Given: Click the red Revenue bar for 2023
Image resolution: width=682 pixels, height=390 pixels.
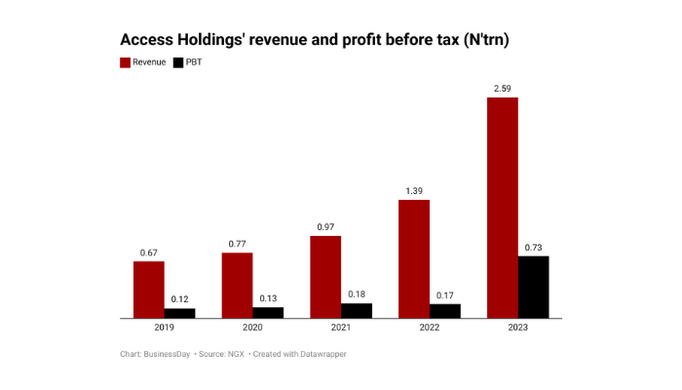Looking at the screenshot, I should [502, 208].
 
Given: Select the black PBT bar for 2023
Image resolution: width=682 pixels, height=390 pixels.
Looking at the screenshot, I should [533, 287].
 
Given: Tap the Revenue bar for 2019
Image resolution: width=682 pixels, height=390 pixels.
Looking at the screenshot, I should [149, 290].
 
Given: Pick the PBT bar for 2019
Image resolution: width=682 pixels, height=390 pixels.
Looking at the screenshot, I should [179, 313].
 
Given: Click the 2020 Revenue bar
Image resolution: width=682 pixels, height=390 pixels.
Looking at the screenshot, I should [237, 285].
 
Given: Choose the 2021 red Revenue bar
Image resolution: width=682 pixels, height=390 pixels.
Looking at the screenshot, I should [325, 277].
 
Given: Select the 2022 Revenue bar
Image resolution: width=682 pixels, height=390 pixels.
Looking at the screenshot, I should [414, 258].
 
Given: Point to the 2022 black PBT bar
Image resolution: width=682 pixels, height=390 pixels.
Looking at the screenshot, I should [445, 311].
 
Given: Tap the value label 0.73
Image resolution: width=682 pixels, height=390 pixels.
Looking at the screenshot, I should [533, 248].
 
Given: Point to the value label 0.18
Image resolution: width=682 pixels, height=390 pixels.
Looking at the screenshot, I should [357, 294].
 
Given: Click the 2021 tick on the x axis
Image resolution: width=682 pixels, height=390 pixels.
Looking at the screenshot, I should [340, 328].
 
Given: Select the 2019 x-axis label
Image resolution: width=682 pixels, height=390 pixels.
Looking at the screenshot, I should [164, 328].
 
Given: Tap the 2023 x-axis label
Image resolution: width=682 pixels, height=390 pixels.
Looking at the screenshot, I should [517, 328].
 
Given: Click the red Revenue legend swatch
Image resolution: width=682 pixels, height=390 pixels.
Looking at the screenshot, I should [125, 62].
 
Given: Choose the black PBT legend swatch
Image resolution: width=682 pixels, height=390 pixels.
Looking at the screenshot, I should [178, 62].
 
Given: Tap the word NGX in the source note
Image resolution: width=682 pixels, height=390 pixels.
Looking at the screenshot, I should [235, 354].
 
